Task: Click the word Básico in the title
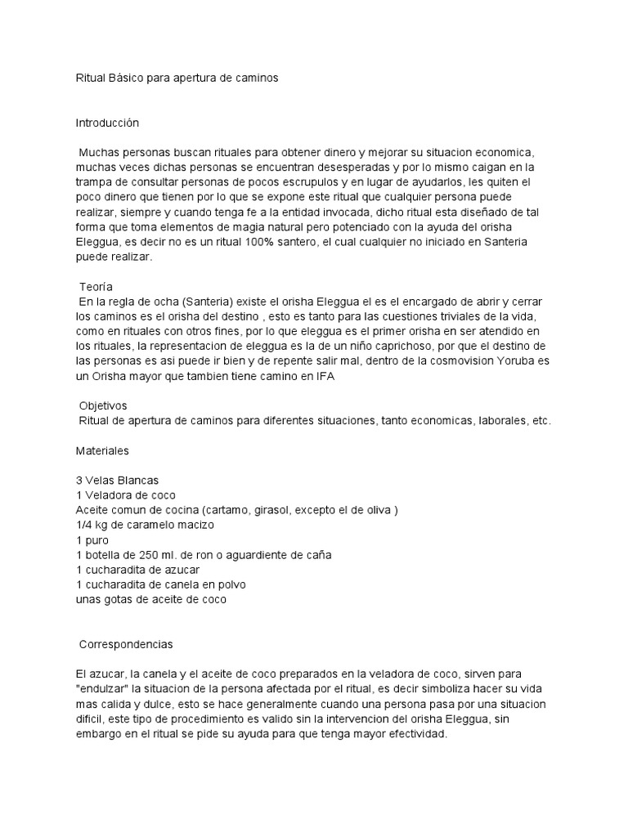pos(125,78)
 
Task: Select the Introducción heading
pos(107,123)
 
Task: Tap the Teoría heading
pos(96,287)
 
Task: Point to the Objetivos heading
pos(103,405)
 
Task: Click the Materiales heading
pos(102,450)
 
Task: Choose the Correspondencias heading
pos(126,644)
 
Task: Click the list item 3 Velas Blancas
pos(117,480)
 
